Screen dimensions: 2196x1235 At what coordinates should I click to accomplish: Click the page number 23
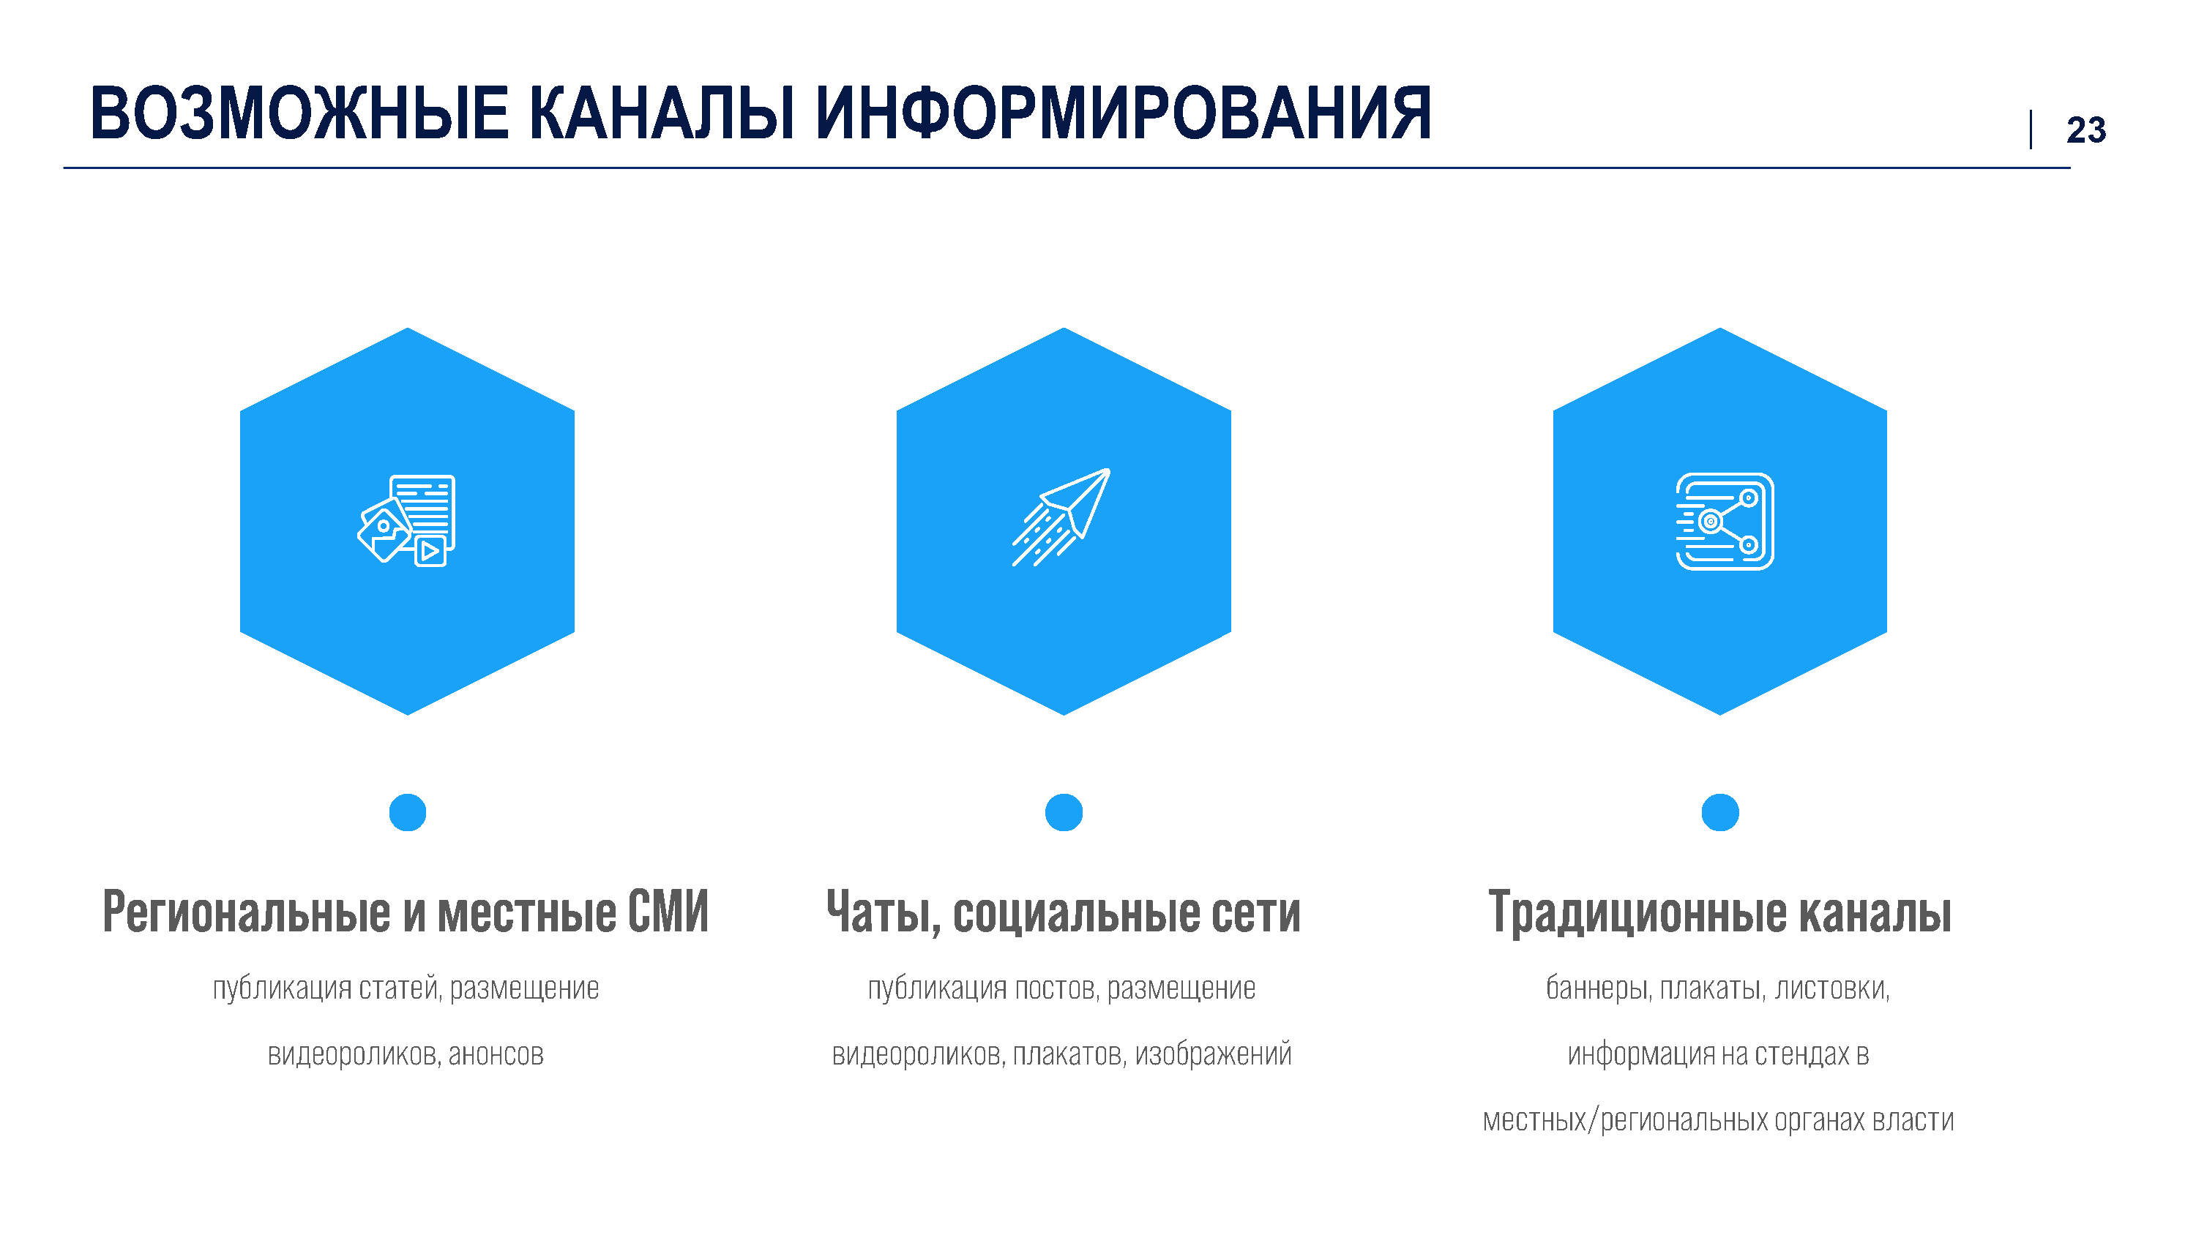[2086, 130]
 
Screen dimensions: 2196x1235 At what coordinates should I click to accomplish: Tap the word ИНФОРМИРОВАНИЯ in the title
[1123, 113]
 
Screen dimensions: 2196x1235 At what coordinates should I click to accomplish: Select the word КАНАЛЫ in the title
[662, 113]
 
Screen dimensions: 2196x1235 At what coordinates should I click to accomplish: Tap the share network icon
[1725, 522]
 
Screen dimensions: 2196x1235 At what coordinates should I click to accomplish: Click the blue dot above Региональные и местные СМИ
[408, 812]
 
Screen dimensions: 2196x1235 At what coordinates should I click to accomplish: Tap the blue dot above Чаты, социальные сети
[1064, 812]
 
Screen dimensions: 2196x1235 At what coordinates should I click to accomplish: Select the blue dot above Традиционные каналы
[1720, 812]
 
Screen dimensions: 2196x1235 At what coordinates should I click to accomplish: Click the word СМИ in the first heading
[668, 912]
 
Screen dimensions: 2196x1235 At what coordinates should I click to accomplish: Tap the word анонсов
[496, 1055]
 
